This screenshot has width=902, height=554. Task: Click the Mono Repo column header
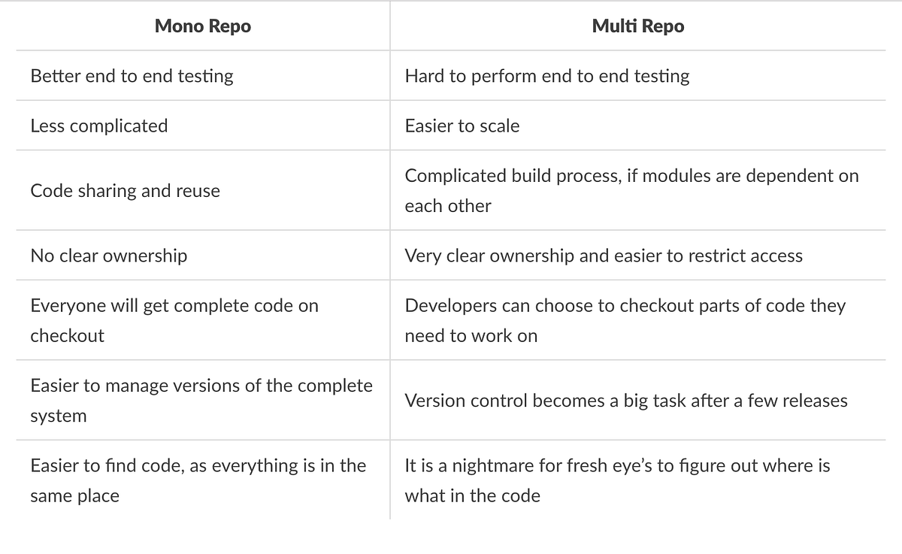coord(203,26)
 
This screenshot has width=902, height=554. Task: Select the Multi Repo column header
coord(638,26)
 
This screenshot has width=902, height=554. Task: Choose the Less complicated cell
coord(99,126)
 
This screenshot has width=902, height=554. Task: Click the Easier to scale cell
coord(462,126)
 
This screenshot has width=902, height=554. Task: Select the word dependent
coord(798,176)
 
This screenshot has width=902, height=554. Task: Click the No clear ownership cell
coord(109,256)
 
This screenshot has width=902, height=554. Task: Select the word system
coord(59,416)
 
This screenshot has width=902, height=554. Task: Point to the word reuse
coord(198,191)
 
